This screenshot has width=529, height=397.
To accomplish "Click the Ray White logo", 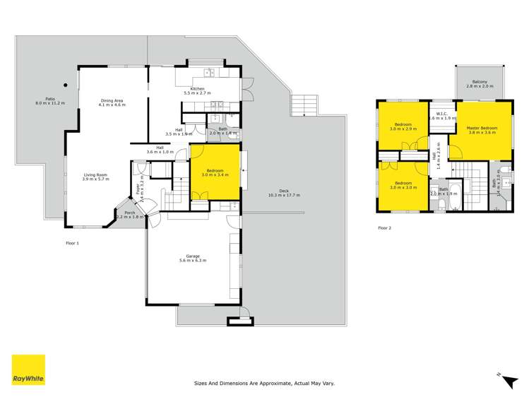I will pyautogui.click(x=28, y=369).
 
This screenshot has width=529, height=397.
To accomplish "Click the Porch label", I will pyautogui.click(x=129, y=213).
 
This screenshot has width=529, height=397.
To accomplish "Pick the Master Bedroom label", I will pyautogui.click(x=482, y=128).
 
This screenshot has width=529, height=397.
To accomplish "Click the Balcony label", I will pyautogui.click(x=480, y=82).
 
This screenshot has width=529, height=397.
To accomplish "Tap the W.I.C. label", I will pyautogui.click(x=443, y=114).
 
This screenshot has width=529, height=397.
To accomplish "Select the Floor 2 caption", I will pyautogui.click(x=384, y=228).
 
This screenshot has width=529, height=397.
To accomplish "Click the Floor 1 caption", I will pyautogui.click(x=73, y=243).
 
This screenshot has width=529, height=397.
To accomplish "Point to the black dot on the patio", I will pyautogui.click(x=65, y=85).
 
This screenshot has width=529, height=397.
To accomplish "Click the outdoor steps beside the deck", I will pyautogui.click(x=304, y=107).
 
